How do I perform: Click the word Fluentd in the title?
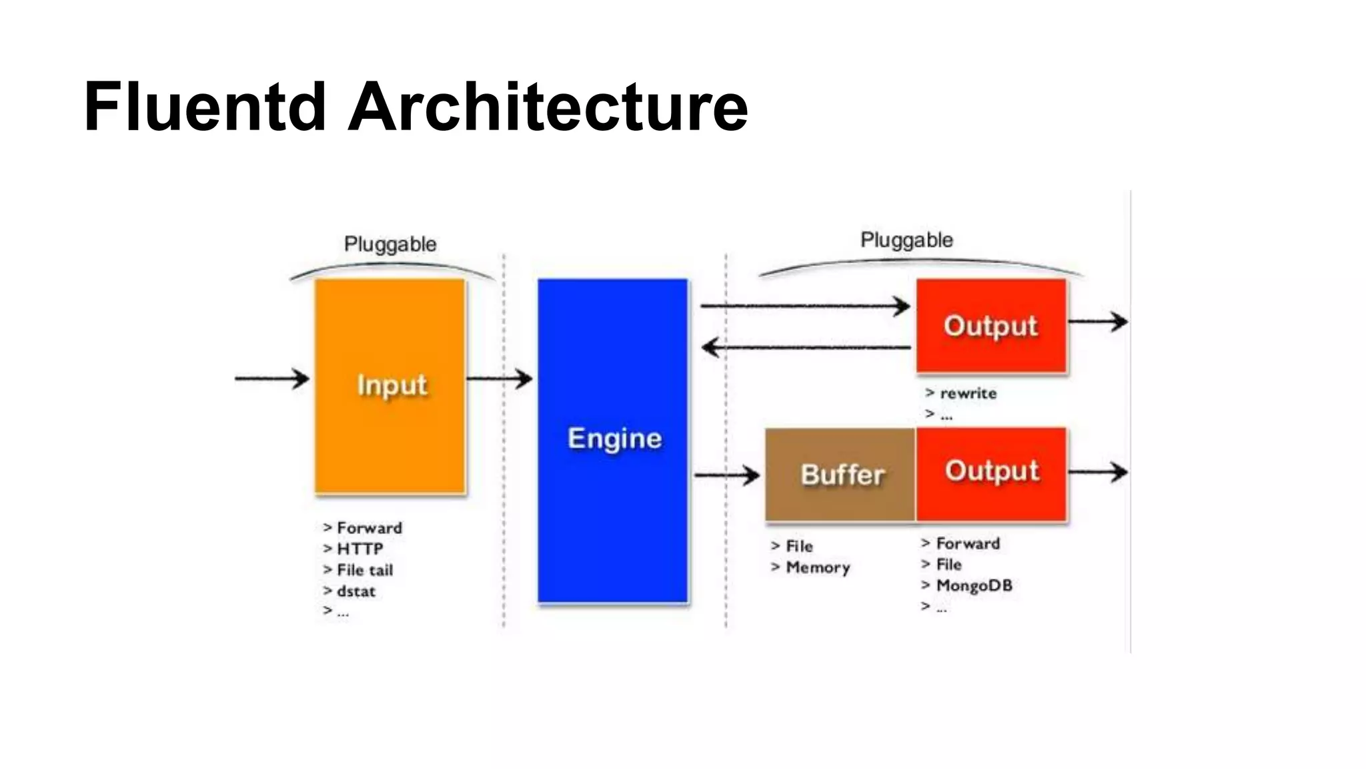(x=205, y=107)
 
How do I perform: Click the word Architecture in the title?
(x=548, y=107)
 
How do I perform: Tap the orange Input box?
(x=390, y=386)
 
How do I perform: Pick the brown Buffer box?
(x=840, y=475)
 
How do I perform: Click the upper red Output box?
(x=991, y=326)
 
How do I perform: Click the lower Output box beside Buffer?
(x=991, y=471)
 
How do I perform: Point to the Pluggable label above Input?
(x=390, y=244)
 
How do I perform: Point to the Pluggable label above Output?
(x=906, y=240)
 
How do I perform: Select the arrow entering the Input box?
(x=272, y=378)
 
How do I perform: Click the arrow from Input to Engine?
(x=500, y=379)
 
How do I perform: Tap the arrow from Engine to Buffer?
(x=727, y=475)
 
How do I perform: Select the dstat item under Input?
(x=356, y=591)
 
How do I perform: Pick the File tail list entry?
(x=364, y=570)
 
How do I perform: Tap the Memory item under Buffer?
(x=817, y=567)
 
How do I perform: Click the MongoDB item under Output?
(x=973, y=585)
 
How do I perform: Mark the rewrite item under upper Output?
(x=967, y=393)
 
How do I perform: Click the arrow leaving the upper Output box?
(x=1098, y=322)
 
